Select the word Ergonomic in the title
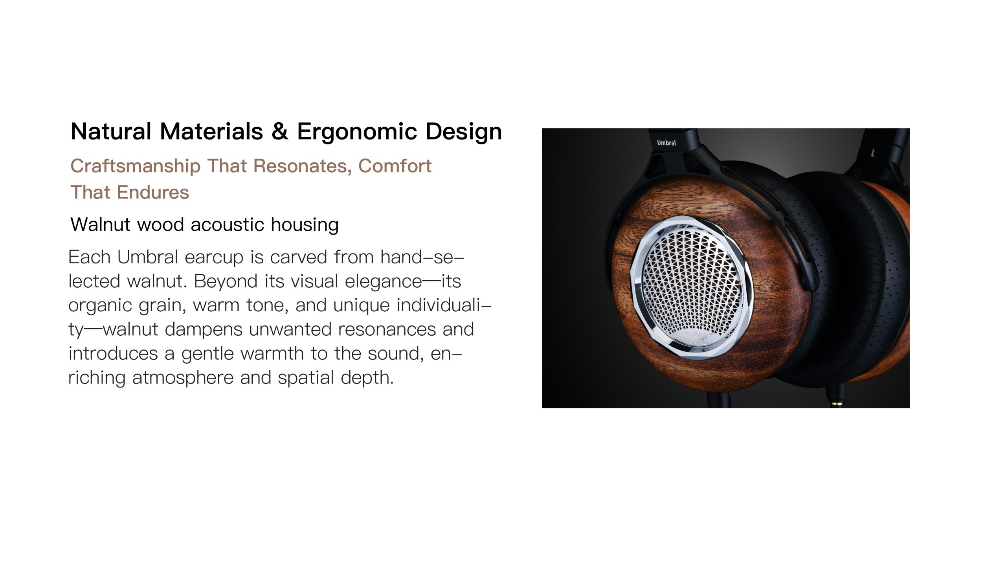(x=357, y=132)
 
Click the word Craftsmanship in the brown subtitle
(x=136, y=166)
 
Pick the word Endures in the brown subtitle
(x=153, y=192)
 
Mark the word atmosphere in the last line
(x=183, y=378)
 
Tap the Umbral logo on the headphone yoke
(x=666, y=143)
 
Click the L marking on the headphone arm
(x=873, y=153)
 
